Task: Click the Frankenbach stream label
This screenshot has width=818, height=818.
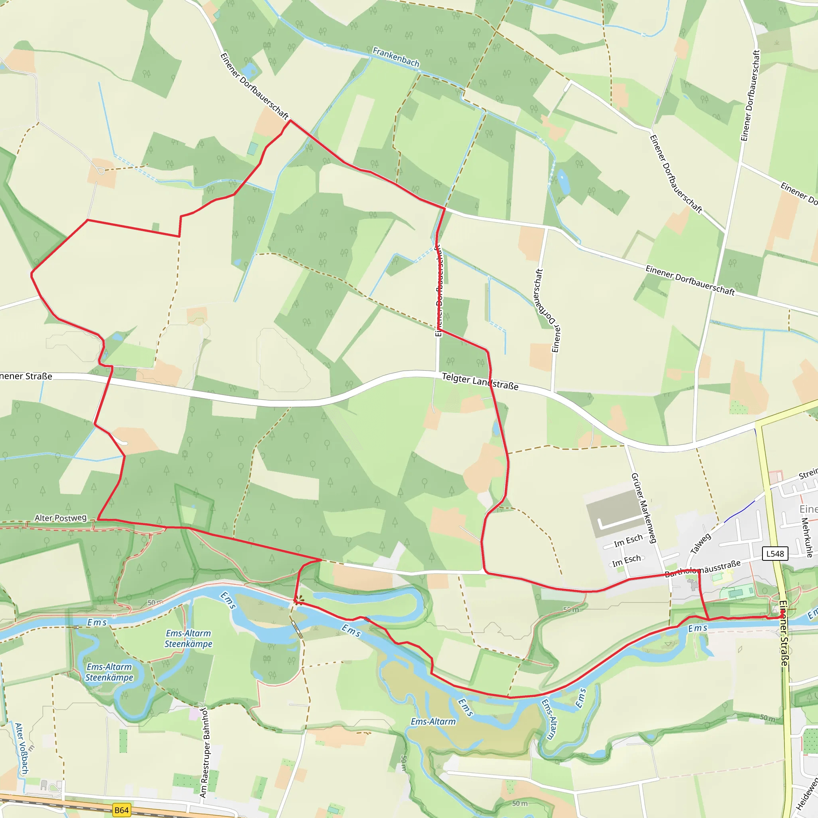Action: (396, 57)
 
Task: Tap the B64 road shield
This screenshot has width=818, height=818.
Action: (121, 810)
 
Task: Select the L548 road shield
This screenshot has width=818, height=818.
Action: (775, 553)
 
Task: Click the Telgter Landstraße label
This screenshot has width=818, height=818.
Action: (480, 381)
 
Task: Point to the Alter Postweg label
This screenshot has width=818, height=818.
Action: (61, 518)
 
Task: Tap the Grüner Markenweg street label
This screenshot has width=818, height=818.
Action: (643, 508)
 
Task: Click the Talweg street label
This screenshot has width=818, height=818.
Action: (701, 544)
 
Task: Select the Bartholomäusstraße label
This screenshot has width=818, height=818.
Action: (703, 568)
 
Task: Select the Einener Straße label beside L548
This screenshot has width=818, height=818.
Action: (784, 633)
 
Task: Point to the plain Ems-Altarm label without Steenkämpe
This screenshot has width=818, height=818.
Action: (433, 721)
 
